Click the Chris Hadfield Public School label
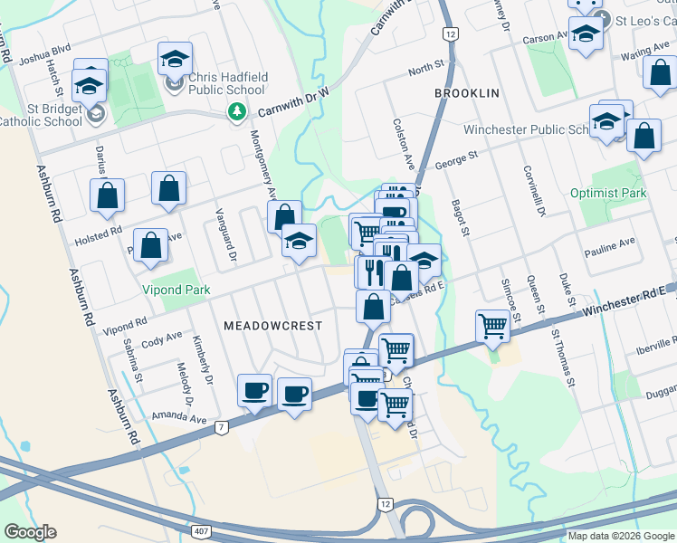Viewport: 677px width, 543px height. (227, 84)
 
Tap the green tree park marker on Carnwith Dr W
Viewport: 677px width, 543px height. (236, 111)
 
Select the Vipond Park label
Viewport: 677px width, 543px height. (176, 291)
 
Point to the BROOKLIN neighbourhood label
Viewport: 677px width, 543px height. (466, 94)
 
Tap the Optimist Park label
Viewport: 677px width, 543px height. (608, 193)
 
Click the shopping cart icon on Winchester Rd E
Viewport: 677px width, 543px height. (493, 326)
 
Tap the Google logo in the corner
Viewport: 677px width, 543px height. (31, 532)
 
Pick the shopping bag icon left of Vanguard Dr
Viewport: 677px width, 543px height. (169, 188)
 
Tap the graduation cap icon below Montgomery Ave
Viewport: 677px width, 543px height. (299, 241)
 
